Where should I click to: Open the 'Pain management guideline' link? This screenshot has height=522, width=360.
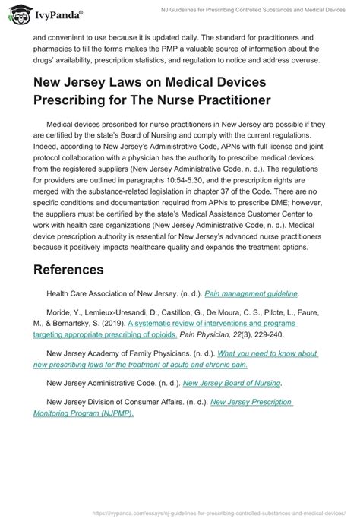pyautogui.click(x=257, y=293)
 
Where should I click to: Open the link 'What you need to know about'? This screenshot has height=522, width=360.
pyautogui.click(x=268, y=353)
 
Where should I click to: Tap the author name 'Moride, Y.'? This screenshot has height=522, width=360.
pyautogui.click(x=63, y=323)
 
